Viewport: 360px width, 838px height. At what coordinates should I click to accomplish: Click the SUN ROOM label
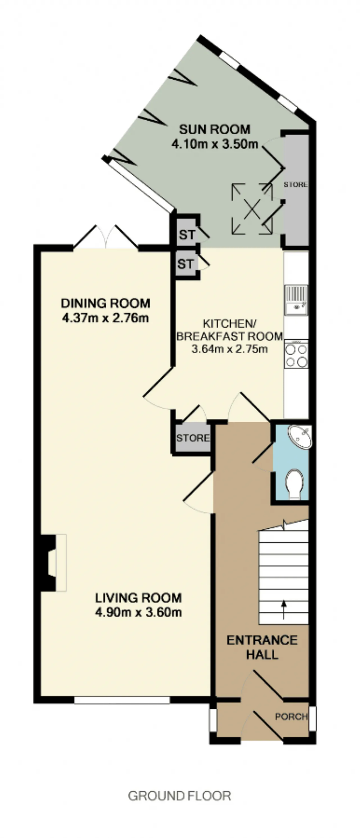[215, 130]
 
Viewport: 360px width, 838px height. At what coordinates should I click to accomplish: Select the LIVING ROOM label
[138, 598]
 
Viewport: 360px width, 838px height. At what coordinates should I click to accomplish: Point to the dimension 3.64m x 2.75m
[230, 349]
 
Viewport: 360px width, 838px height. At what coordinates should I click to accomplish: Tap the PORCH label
[291, 716]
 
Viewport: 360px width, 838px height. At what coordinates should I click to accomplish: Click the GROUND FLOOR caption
[180, 796]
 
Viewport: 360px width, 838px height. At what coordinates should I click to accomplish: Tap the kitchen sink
[296, 300]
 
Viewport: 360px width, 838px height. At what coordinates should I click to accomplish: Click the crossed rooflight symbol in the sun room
[252, 209]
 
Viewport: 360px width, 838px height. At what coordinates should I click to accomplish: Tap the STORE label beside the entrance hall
[193, 438]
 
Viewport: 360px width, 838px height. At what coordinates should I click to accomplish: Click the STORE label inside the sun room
[296, 185]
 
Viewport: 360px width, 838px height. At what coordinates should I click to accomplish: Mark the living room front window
[122, 700]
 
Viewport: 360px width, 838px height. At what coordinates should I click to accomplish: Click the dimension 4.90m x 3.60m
[138, 612]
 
